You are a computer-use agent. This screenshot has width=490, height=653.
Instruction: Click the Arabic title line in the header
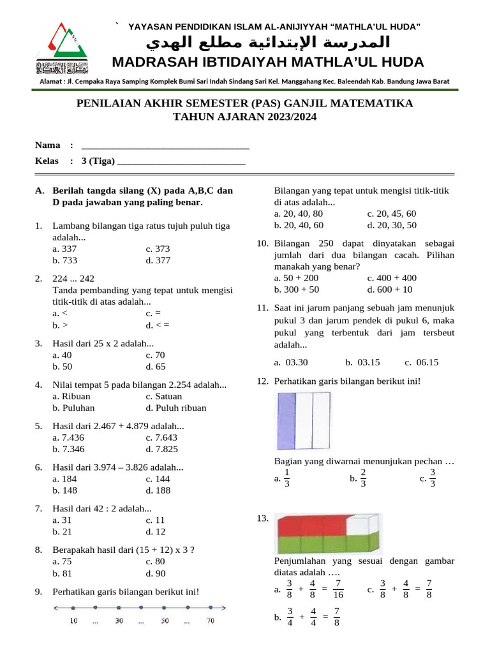click(x=268, y=43)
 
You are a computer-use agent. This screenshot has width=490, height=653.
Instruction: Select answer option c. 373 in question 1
click(x=158, y=249)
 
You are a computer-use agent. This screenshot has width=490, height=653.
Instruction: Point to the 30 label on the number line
click(x=119, y=620)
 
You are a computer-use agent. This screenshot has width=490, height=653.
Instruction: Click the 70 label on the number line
click(x=210, y=620)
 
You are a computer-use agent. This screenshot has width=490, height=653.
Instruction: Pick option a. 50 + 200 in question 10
click(x=297, y=278)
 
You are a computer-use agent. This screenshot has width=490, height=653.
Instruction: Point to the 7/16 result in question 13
click(x=338, y=589)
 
